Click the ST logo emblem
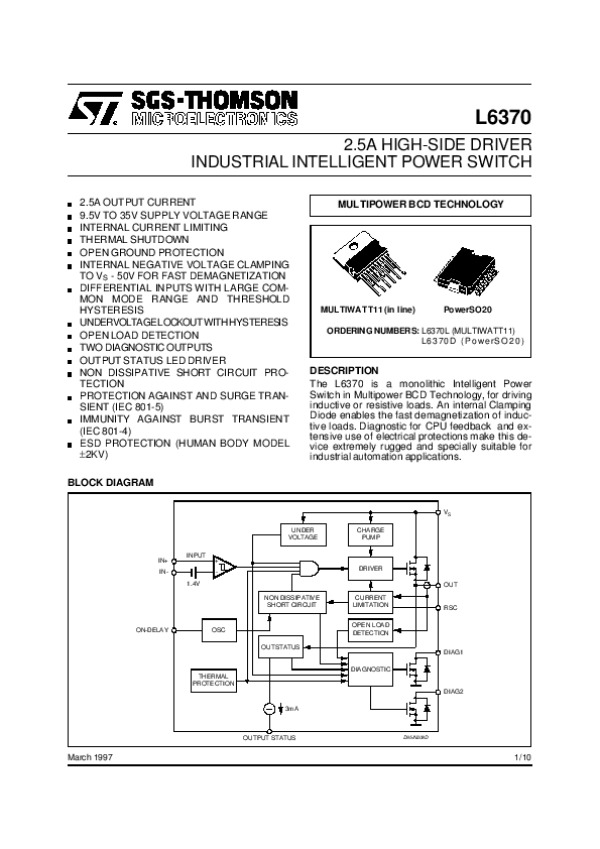(x=94, y=107)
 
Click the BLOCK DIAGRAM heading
(x=110, y=483)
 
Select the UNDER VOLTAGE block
(x=303, y=533)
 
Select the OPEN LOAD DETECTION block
(x=371, y=629)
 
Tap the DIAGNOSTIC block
(x=371, y=668)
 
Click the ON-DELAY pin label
(x=152, y=630)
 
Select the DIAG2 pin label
(x=454, y=691)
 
